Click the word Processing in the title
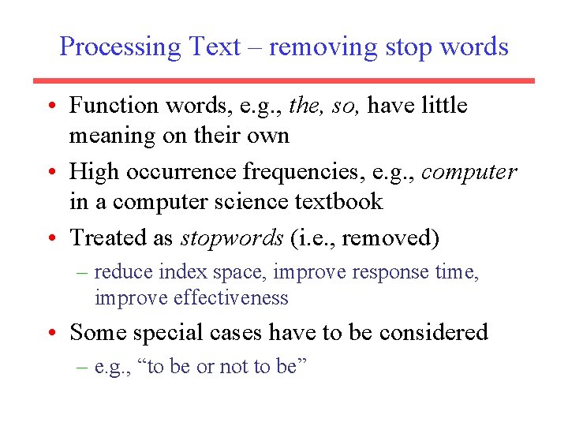pyautogui.click(x=120, y=47)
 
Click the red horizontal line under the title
pyautogui.click(x=284, y=80)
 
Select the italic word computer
pyautogui.click(x=469, y=171)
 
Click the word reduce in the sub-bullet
pyautogui.click(x=123, y=272)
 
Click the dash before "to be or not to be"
pyautogui.click(x=83, y=368)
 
